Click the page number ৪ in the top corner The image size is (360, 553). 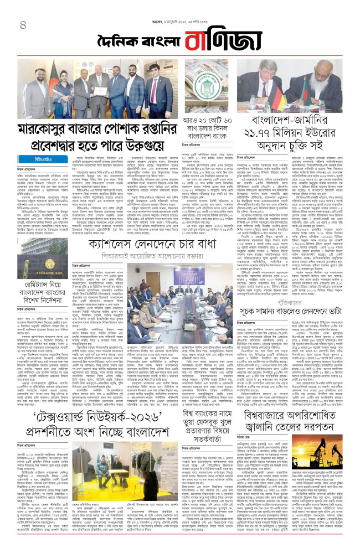(23, 25)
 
